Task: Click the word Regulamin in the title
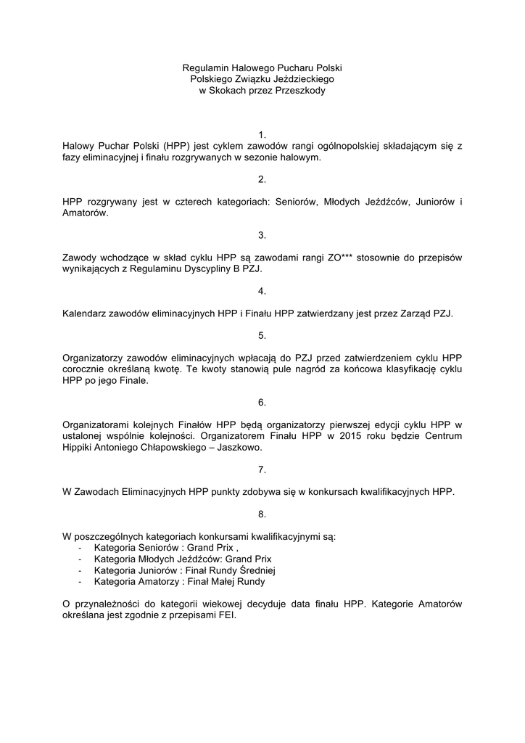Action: [205, 67]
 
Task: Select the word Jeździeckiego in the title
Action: [302, 79]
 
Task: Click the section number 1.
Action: [262, 134]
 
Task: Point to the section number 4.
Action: [262, 291]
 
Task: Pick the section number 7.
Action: [262, 469]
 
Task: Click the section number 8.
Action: [262, 514]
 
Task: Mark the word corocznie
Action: [86, 369]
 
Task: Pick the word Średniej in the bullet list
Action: [257, 570]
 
